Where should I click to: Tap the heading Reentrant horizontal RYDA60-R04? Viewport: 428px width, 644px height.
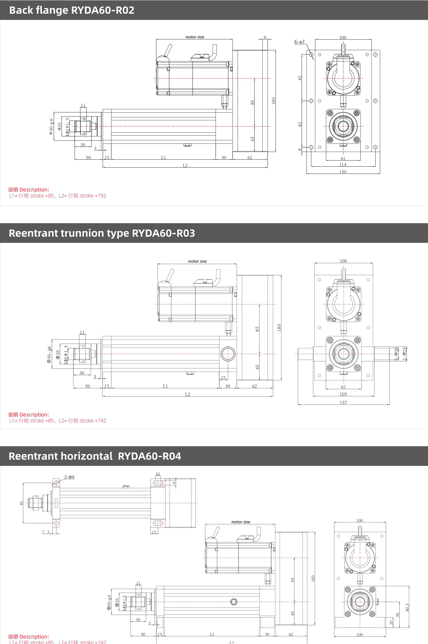[95, 456]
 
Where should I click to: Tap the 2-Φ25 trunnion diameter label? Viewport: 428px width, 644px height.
[405, 354]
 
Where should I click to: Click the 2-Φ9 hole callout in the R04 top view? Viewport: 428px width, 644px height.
[69, 477]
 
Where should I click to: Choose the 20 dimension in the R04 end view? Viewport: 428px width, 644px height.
[391, 623]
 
